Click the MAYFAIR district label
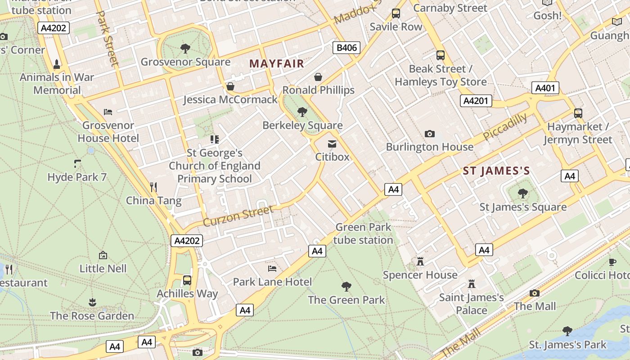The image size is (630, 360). click(x=277, y=63)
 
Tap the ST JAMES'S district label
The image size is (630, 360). click(x=496, y=171)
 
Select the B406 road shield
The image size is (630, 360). click(x=346, y=48)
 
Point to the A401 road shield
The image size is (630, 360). click(x=545, y=88)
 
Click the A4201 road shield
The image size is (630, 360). click(x=476, y=101)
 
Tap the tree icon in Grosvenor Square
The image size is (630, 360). click(x=185, y=48)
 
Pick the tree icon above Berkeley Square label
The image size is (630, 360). click(x=302, y=112)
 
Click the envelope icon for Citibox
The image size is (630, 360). click(x=332, y=144)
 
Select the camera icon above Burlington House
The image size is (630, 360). click(x=430, y=134)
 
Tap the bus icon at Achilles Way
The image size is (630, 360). click(x=187, y=280)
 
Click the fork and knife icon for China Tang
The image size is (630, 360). click(x=153, y=187)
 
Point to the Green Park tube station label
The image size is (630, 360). click(x=364, y=234)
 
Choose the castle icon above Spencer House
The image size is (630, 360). click(x=420, y=261)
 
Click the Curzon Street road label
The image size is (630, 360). click(x=238, y=216)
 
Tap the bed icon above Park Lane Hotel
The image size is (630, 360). click(x=272, y=269)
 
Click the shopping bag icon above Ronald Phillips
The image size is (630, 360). click(x=318, y=77)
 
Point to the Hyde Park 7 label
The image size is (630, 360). click(x=77, y=177)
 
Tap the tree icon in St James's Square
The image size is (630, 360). click(x=522, y=193)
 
